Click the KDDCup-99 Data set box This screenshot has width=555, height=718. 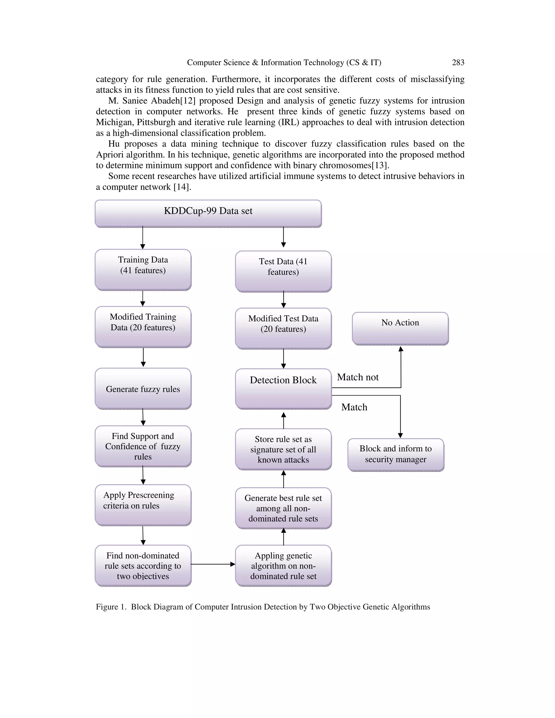coord(208,213)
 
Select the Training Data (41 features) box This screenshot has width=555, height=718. coord(143,270)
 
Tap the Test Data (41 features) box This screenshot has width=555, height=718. coord(283,271)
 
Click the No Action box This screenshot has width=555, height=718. coord(400,328)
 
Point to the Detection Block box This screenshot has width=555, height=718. coord(283,389)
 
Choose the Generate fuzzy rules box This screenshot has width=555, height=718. coord(143,389)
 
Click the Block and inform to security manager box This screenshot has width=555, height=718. coord(396,455)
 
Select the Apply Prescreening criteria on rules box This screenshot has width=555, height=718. coord(143,505)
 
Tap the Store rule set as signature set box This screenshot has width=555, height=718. coord(283,449)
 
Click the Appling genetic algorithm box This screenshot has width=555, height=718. coord(283,565)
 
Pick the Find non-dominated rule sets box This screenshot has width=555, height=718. coord(143,565)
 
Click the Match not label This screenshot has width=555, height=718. coord(358,377)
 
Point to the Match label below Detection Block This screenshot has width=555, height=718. coord(354,407)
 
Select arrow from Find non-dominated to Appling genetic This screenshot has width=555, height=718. coord(213,564)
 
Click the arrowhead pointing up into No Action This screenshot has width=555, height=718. coord(401,349)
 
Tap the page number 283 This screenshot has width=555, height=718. coord(458,63)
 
